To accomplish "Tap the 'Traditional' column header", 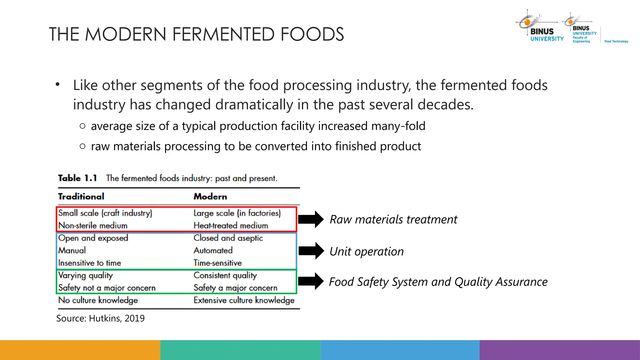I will point(81,197).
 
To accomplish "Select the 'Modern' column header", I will point(210,197).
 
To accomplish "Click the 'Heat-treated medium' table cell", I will point(231,225).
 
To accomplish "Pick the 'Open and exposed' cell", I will point(93,238).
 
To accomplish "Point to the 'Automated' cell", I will point(213,250).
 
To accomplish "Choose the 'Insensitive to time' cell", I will point(90,263).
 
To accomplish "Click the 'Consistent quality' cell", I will point(225,275).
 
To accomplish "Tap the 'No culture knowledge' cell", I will point(98,300).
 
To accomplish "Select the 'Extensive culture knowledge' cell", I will point(244,300).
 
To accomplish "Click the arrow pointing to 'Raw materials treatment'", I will point(311,219).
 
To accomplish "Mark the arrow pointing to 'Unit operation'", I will point(311,251).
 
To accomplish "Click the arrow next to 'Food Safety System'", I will point(311,281).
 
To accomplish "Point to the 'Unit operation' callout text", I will point(367,252).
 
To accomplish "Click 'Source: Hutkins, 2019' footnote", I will point(100,318).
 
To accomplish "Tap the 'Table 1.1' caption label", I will point(77,178).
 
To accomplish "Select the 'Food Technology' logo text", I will point(616,41).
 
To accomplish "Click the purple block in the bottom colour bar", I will point(560,350).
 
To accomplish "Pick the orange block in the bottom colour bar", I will point(80,350).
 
